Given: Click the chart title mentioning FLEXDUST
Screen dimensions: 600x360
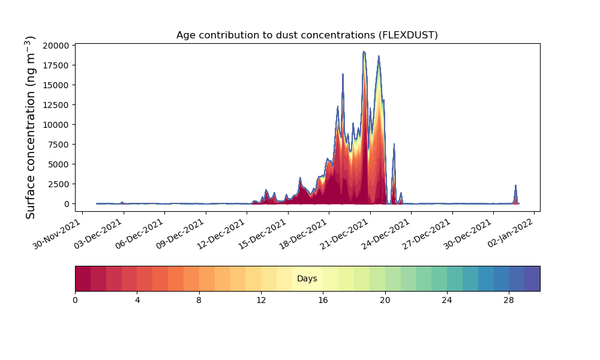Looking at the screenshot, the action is [x=307, y=35].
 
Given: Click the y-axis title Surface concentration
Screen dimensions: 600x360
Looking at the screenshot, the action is [x=30, y=127].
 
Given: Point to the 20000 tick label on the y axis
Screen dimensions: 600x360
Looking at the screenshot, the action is [x=56, y=46].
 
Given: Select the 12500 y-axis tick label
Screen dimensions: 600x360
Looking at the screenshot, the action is [x=56, y=105].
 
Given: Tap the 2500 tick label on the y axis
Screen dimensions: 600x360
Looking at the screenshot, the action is [x=58, y=184].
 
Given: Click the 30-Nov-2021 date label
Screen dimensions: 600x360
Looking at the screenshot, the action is [x=56, y=234].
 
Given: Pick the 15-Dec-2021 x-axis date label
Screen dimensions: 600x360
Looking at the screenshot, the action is [x=262, y=234].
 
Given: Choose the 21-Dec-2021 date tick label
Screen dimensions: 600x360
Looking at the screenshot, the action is [x=344, y=234].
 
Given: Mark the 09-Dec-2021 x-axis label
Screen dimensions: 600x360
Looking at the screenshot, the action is [x=180, y=234].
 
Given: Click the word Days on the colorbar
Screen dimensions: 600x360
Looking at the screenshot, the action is [x=307, y=278].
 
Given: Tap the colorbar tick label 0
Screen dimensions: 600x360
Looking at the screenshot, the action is [x=75, y=301].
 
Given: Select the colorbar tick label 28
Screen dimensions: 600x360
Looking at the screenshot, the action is [x=509, y=301].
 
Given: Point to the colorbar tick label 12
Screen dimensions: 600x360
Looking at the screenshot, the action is [x=261, y=301].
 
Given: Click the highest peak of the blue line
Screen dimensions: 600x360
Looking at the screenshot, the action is [x=364, y=51].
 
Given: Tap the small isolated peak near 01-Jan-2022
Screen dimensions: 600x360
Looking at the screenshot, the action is [x=515, y=185].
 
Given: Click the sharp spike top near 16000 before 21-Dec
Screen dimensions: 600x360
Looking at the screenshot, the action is [x=343, y=74].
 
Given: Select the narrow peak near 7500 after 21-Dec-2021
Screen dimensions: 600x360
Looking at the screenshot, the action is [x=394, y=144].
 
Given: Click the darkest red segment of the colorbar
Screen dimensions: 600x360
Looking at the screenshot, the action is [x=83, y=278].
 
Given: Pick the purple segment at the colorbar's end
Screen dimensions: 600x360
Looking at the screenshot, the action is [x=532, y=278].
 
